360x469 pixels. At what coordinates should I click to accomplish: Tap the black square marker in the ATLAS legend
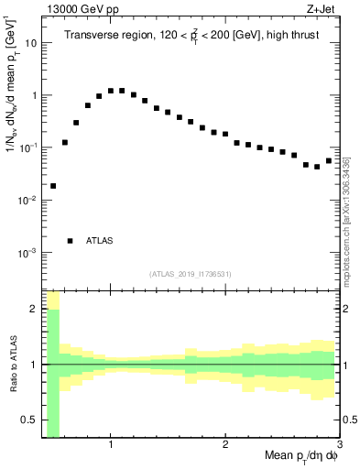click(x=71, y=241)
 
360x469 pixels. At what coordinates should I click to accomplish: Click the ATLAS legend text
click(x=100, y=241)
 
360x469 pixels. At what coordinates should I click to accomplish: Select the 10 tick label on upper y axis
click(x=30, y=43)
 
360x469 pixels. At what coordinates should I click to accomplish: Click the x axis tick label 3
click(x=338, y=446)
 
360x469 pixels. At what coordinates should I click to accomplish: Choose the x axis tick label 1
click(x=111, y=446)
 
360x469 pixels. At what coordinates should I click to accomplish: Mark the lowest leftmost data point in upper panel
click(x=53, y=186)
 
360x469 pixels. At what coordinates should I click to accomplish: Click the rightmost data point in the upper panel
click(x=329, y=161)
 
